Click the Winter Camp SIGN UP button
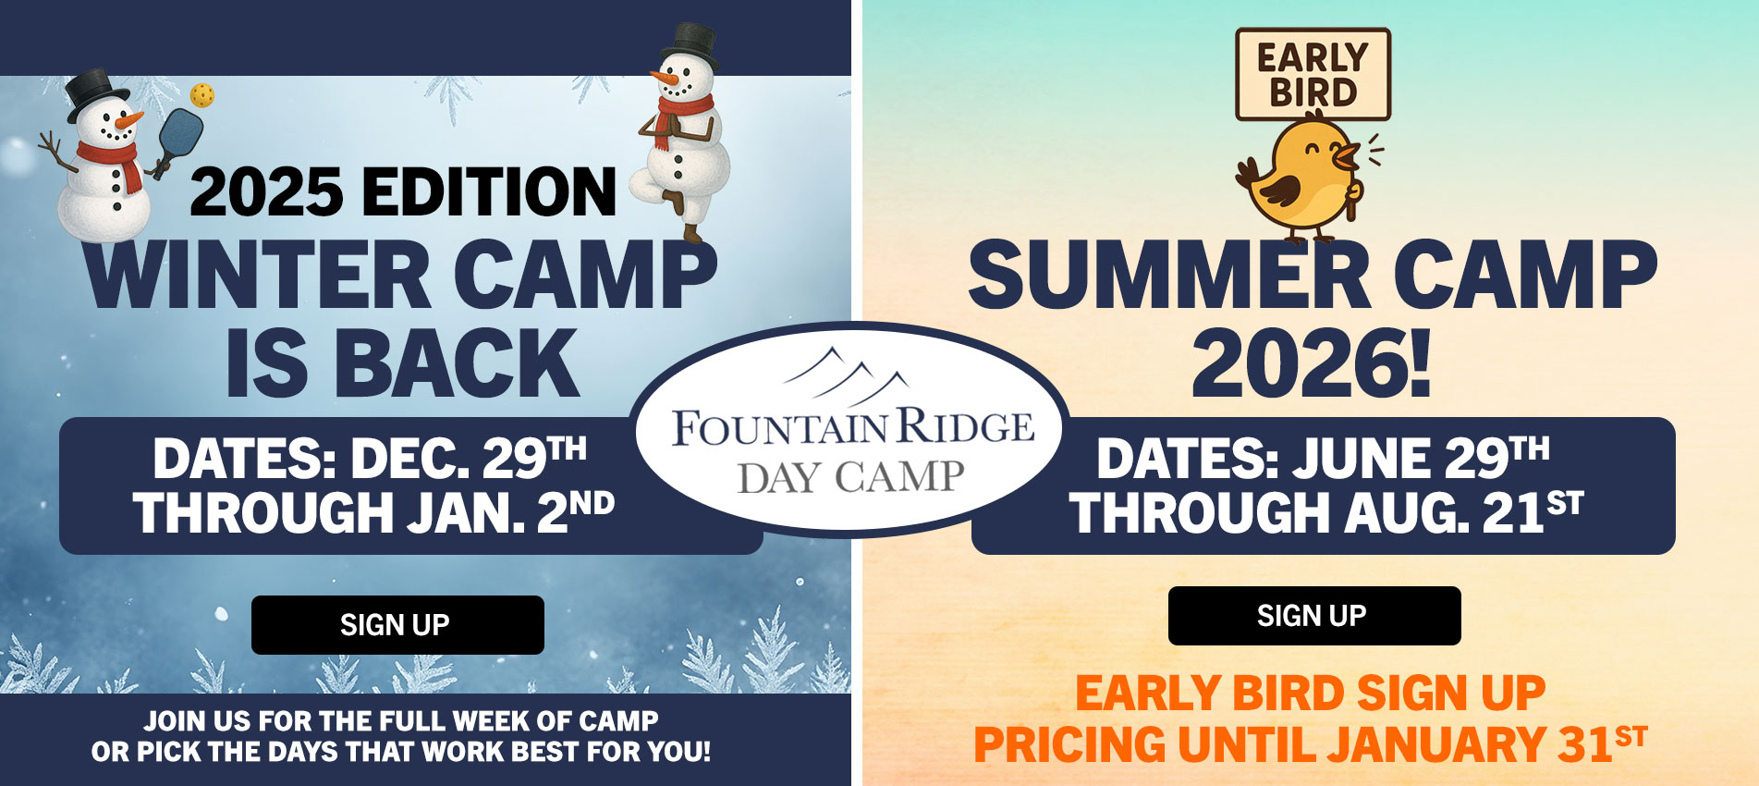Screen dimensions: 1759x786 (397, 625)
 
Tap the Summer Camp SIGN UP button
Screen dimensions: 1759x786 (1314, 616)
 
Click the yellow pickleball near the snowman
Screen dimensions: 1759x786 (202, 94)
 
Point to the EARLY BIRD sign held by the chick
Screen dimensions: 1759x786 (1313, 74)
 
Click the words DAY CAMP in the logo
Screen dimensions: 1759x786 (850, 477)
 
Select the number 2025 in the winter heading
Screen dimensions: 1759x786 (267, 191)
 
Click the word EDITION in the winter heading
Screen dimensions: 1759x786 (489, 191)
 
